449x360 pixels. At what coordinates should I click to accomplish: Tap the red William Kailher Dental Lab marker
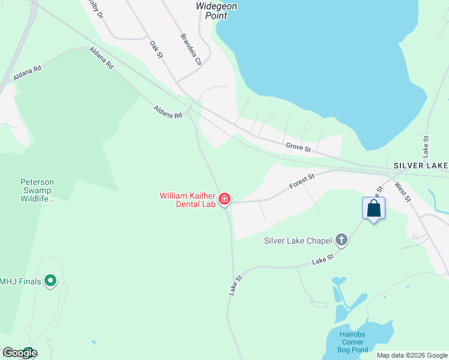click(x=225, y=199)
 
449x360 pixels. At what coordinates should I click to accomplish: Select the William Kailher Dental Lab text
click(x=187, y=200)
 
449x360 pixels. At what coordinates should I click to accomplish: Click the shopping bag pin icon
click(x=373, y=209)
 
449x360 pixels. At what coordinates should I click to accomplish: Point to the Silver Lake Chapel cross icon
click(x=342, y=241)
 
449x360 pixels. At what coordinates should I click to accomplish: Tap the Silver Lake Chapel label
click(x=298, y=241)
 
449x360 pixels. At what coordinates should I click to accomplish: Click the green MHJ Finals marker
click(x=50, y=280)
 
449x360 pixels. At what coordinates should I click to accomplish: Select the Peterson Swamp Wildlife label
click(x=37, y=190)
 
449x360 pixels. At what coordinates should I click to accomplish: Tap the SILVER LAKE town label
click(x=421, y=165)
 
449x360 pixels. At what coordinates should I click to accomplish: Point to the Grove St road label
click(x=298, y=146)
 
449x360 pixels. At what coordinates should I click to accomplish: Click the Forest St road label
click(x=302, y=182)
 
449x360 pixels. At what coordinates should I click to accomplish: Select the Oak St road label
click(x=157, y=50)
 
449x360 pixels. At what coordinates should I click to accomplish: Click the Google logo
click(x=19, y=353)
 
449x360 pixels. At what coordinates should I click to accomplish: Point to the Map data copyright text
click(x=412, y=355)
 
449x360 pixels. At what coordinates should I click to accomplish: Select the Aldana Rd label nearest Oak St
click(x=167, y=112)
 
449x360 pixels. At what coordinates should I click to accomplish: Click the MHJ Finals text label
click(x=20, y=281)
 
